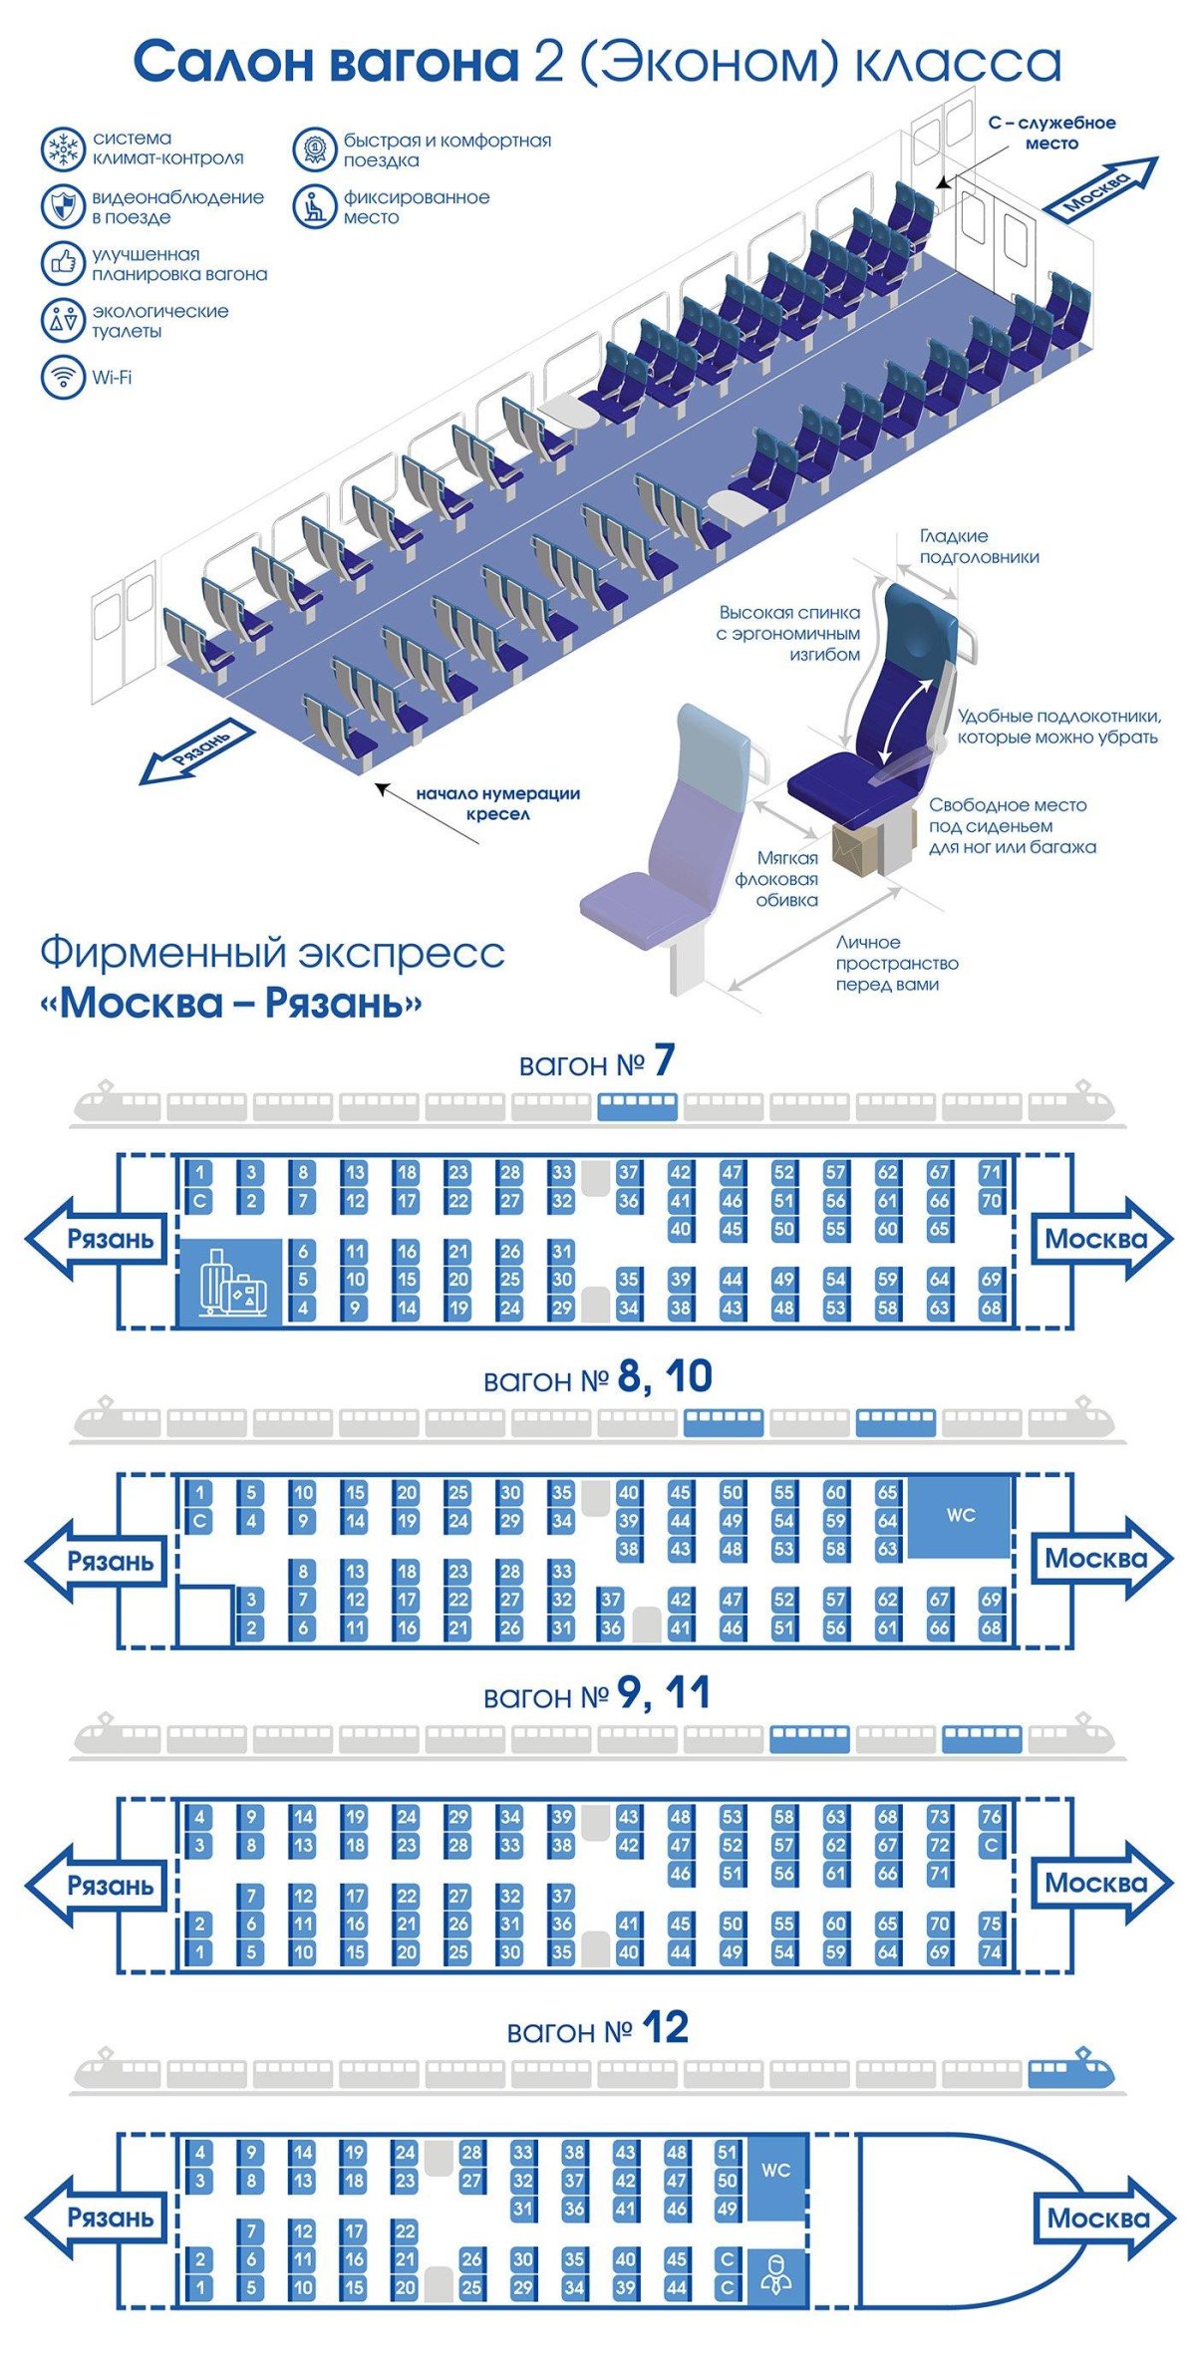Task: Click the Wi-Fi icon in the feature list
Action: (x=63, y=378)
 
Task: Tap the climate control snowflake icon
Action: (x=63, y=149)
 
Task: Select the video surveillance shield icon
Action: (x=63, y=206)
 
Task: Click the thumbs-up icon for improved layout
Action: (x=63, y=263)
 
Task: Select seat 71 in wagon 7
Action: (x=990, y=1173)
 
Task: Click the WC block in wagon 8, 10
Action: (x=960, y=1516)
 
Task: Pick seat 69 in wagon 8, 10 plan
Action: (x=990, y=1600)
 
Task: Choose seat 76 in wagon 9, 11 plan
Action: (x=990, y=1817)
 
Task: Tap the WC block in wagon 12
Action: (x=775, y=2171)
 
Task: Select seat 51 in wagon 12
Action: (x=727, y=2153)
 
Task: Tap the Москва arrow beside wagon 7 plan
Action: (x=1096, y=1240)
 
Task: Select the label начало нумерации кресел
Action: (x=497, y=803)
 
